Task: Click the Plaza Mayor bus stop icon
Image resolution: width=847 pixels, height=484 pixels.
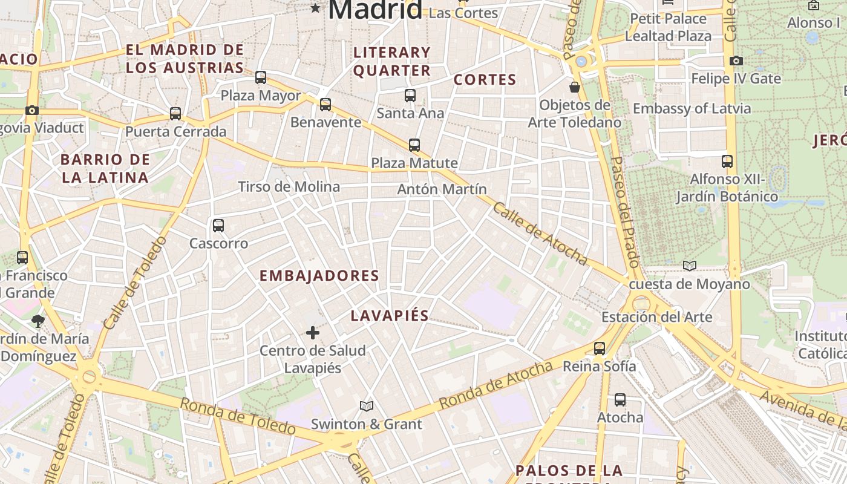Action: click(x=261, y=77)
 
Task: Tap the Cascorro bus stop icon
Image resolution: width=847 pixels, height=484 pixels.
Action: click(x=218, y=226)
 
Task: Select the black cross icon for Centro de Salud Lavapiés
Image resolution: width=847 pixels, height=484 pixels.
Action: click(x=313, y=333)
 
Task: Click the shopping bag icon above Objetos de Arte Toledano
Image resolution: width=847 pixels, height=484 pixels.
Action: click(x=575, y=87)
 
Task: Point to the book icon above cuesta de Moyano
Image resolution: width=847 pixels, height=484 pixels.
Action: click(x=690, y=266)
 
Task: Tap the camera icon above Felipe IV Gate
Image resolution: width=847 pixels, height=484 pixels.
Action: click(x=736, y=60)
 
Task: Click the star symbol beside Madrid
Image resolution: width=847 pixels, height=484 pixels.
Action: click(x=315, y=8)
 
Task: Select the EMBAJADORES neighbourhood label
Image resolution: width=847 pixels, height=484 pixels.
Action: click(x=319, y=276)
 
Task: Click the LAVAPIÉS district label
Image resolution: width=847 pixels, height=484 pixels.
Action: click(x=390, y=315)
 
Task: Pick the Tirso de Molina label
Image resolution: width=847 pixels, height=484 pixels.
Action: click(x=289, y=186)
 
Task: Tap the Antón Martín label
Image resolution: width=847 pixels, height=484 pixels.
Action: click(x=442, y=189)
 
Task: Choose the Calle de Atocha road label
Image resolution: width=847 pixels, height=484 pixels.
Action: click(x=540, y=234)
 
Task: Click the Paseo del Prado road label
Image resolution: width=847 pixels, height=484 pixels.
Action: click(x=625, y=212)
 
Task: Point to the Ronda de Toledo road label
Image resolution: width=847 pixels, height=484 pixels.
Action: click(x=238, y=416)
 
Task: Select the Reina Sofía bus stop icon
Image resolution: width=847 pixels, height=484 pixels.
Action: click(x=600, y=348)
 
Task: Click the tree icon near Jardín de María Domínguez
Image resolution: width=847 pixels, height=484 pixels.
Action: click(x=38, y=321)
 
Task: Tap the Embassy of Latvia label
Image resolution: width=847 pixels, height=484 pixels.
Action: click(x=692, y=108)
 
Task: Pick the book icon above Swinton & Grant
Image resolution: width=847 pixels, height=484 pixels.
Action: click(x=367, y=406)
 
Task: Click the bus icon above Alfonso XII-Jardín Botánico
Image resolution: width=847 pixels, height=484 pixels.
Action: click(x=727, y=162)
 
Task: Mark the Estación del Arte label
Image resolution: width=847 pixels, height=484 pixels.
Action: click(x=656, y=316)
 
